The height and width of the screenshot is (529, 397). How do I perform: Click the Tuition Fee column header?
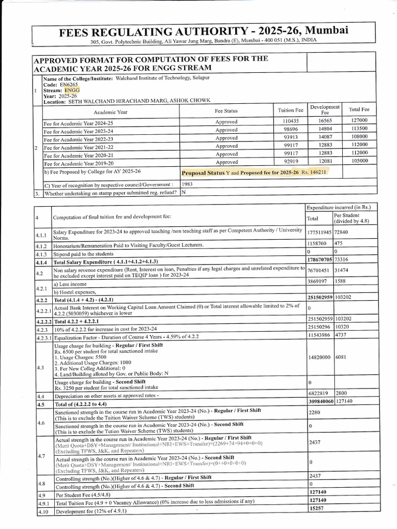(x=291, y=110)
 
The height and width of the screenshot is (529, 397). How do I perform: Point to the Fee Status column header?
(x=226, y=111)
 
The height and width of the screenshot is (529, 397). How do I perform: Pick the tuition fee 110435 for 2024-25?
(x=285, y=122)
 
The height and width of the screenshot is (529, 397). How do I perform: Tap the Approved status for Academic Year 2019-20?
(x=226, y=162)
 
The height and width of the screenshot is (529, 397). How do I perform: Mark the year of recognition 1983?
(x=188, y=183)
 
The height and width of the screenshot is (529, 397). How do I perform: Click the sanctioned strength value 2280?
(x=315, y=413)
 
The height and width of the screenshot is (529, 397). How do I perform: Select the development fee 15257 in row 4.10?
(x=317, y=508)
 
